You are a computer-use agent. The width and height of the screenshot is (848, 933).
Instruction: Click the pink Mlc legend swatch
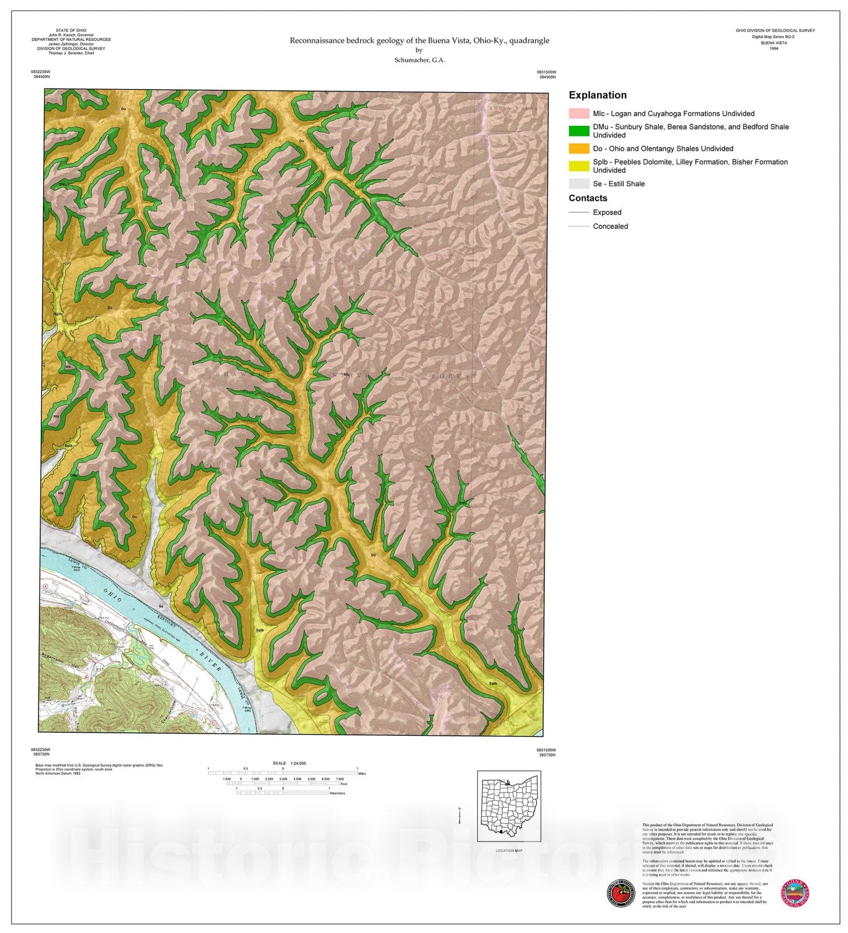point(579,114)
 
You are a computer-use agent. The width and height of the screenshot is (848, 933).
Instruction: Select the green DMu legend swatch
point(579,131)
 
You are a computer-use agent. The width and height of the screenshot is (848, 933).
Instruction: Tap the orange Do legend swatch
point(579,149)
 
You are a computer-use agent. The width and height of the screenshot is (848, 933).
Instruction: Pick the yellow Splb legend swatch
point(579,166)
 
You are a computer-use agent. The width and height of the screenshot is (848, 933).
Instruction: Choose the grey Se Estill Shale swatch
point(579,184)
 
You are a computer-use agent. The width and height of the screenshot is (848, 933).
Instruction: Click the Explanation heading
point(597,95)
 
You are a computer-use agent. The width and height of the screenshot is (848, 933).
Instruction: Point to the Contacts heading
point(587,198)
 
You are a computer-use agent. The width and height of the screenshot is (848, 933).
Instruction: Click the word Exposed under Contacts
point(607,212)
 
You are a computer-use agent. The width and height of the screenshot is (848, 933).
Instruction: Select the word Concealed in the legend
point(610,226)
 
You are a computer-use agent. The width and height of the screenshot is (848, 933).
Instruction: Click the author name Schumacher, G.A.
point(419,60)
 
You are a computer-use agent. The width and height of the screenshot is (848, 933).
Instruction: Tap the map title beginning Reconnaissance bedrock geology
point(419,40)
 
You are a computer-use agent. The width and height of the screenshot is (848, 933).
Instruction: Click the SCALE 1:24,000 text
point(289,763)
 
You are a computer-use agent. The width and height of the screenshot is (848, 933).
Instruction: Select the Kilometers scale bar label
point(337,793)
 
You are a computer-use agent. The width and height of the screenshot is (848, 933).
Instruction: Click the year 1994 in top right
point(773,48)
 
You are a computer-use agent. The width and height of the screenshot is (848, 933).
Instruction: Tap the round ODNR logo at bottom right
point(795,893)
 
